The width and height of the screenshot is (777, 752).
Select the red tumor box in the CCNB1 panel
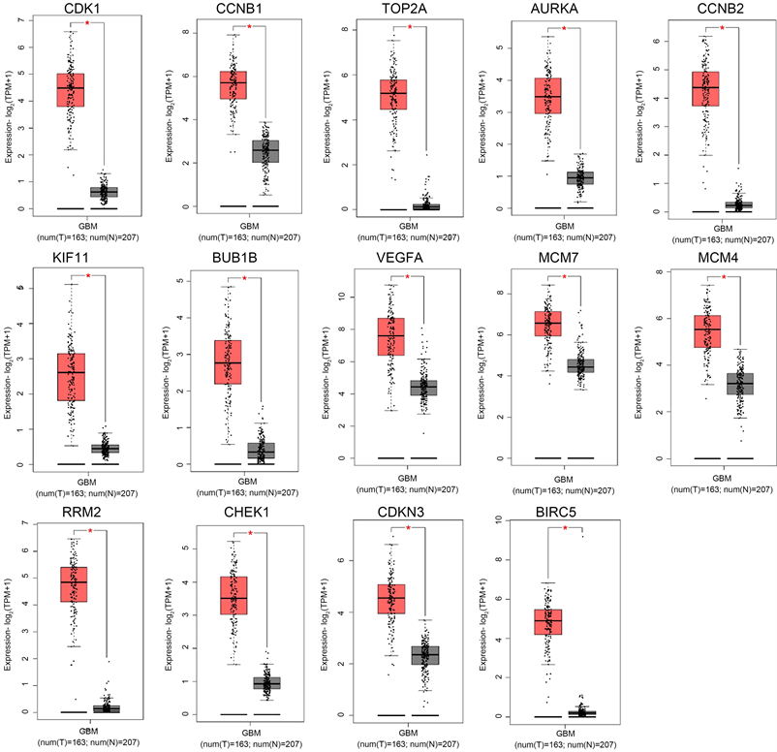233,84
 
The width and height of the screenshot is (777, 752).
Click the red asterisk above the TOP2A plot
410,26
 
